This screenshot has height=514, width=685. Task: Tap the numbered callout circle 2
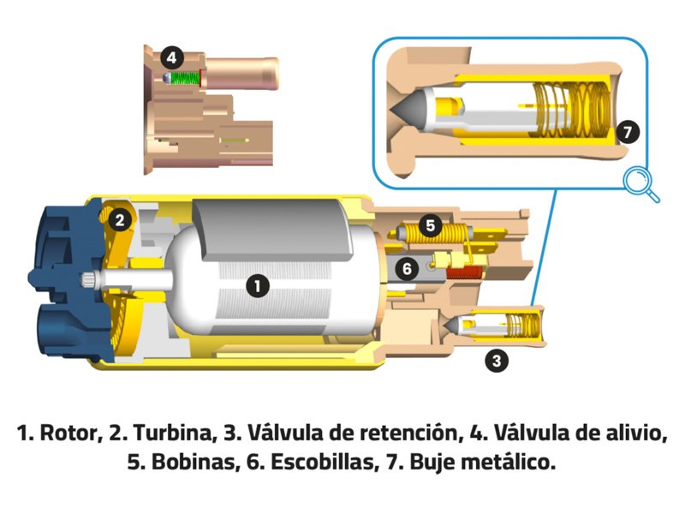[x=122, y=220]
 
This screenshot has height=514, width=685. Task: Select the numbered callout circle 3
[x=496, y=361]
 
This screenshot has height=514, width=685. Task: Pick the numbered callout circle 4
[x=172, y=58]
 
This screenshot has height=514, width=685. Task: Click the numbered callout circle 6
[x=408, y=269]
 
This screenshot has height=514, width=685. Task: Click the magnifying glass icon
[x=640, y=183]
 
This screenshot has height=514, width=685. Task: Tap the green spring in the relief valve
[x=183, y=79]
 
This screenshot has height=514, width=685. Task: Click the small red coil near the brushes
[x=467, y=275]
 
